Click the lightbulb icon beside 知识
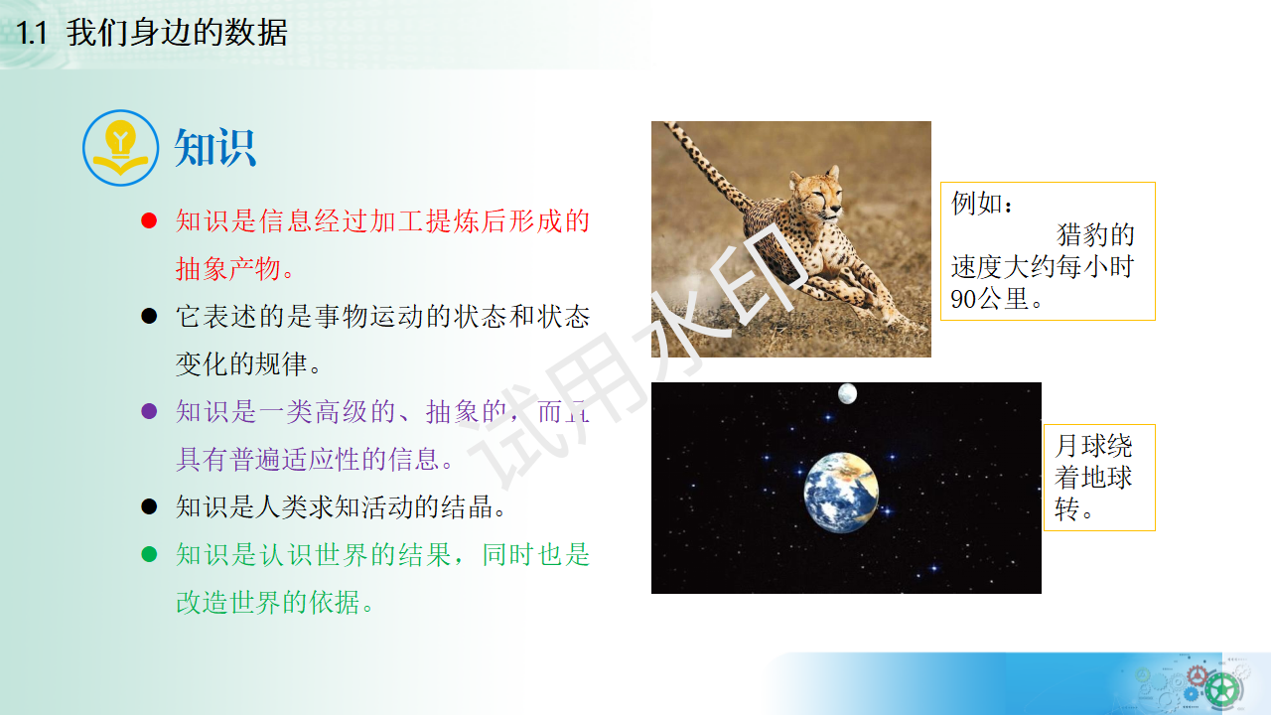120,148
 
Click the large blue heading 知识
215,149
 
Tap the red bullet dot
149,220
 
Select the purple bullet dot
149,411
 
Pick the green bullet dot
149,554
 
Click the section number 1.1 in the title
33,33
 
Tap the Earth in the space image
841,491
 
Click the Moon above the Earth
847,394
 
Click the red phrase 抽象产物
234,268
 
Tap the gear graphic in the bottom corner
1221,685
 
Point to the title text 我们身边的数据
177,33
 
